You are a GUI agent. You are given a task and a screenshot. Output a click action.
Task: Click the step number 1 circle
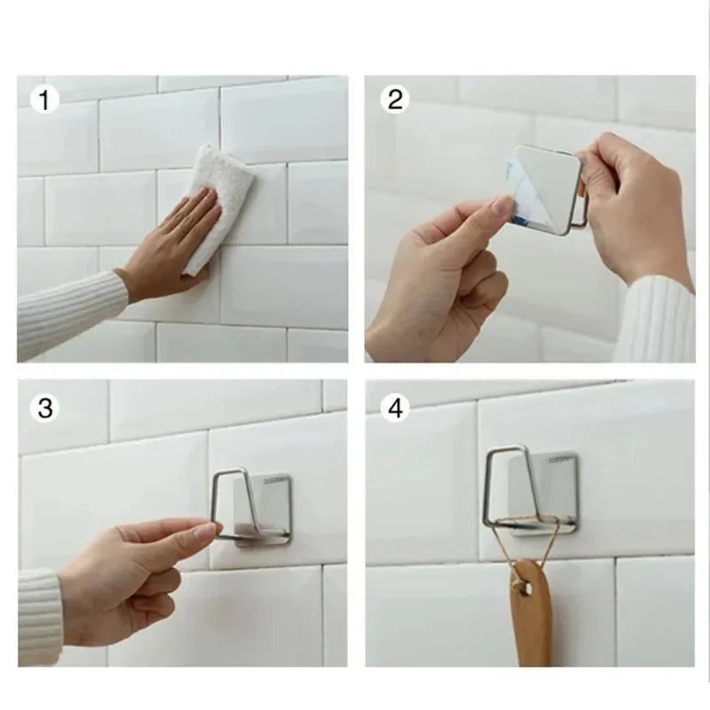[43, 100]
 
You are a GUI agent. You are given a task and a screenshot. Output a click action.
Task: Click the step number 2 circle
[394, 100]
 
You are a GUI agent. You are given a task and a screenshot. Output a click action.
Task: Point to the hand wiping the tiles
[169, 244]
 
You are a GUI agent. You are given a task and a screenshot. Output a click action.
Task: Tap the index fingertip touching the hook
[209, 529]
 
